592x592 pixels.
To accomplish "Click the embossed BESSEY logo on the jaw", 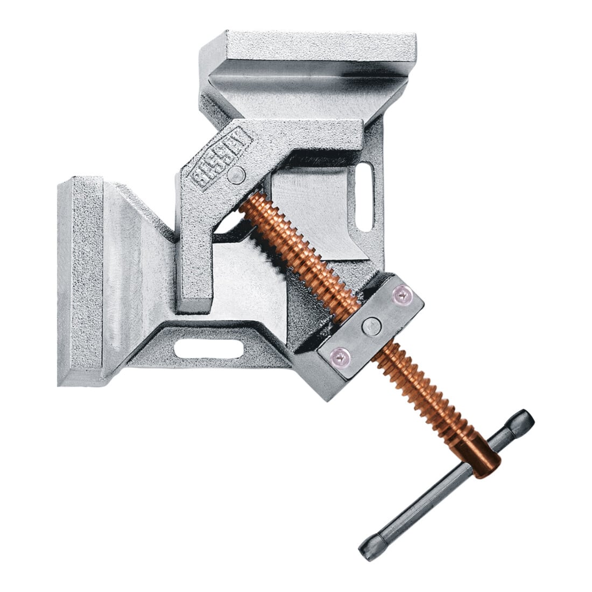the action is pos(221,156).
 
